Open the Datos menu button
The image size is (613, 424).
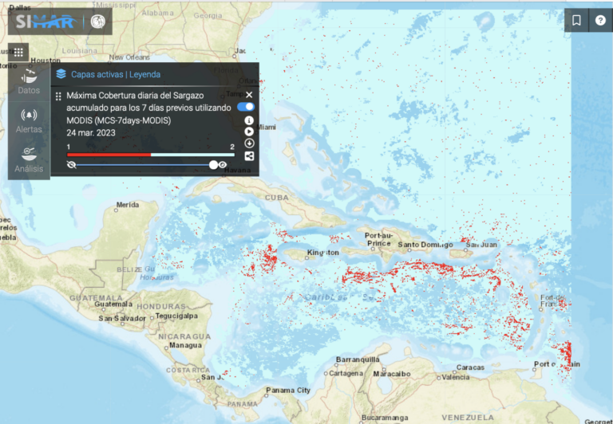click(29, 80)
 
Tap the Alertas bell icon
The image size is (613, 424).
click(29, 120)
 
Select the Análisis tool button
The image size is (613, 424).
click(29, 158)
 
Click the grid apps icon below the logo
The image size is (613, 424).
click(19, 52)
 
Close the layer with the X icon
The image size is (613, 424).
click(249, 95)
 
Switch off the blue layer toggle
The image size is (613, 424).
click(246, 107)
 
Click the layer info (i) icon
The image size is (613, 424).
click(249, 120)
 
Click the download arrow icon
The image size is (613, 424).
click(249, 143)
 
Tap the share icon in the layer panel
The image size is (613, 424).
click(249, 156)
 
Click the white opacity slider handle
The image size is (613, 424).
click(214, 165)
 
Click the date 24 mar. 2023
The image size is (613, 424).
click(93, 132)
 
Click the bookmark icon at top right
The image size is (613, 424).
click(577, 21)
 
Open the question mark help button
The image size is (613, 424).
click(600, 21)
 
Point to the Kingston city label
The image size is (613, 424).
click(322, 253)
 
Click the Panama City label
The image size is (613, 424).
click(287, 391)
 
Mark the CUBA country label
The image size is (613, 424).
click(276, 197)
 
